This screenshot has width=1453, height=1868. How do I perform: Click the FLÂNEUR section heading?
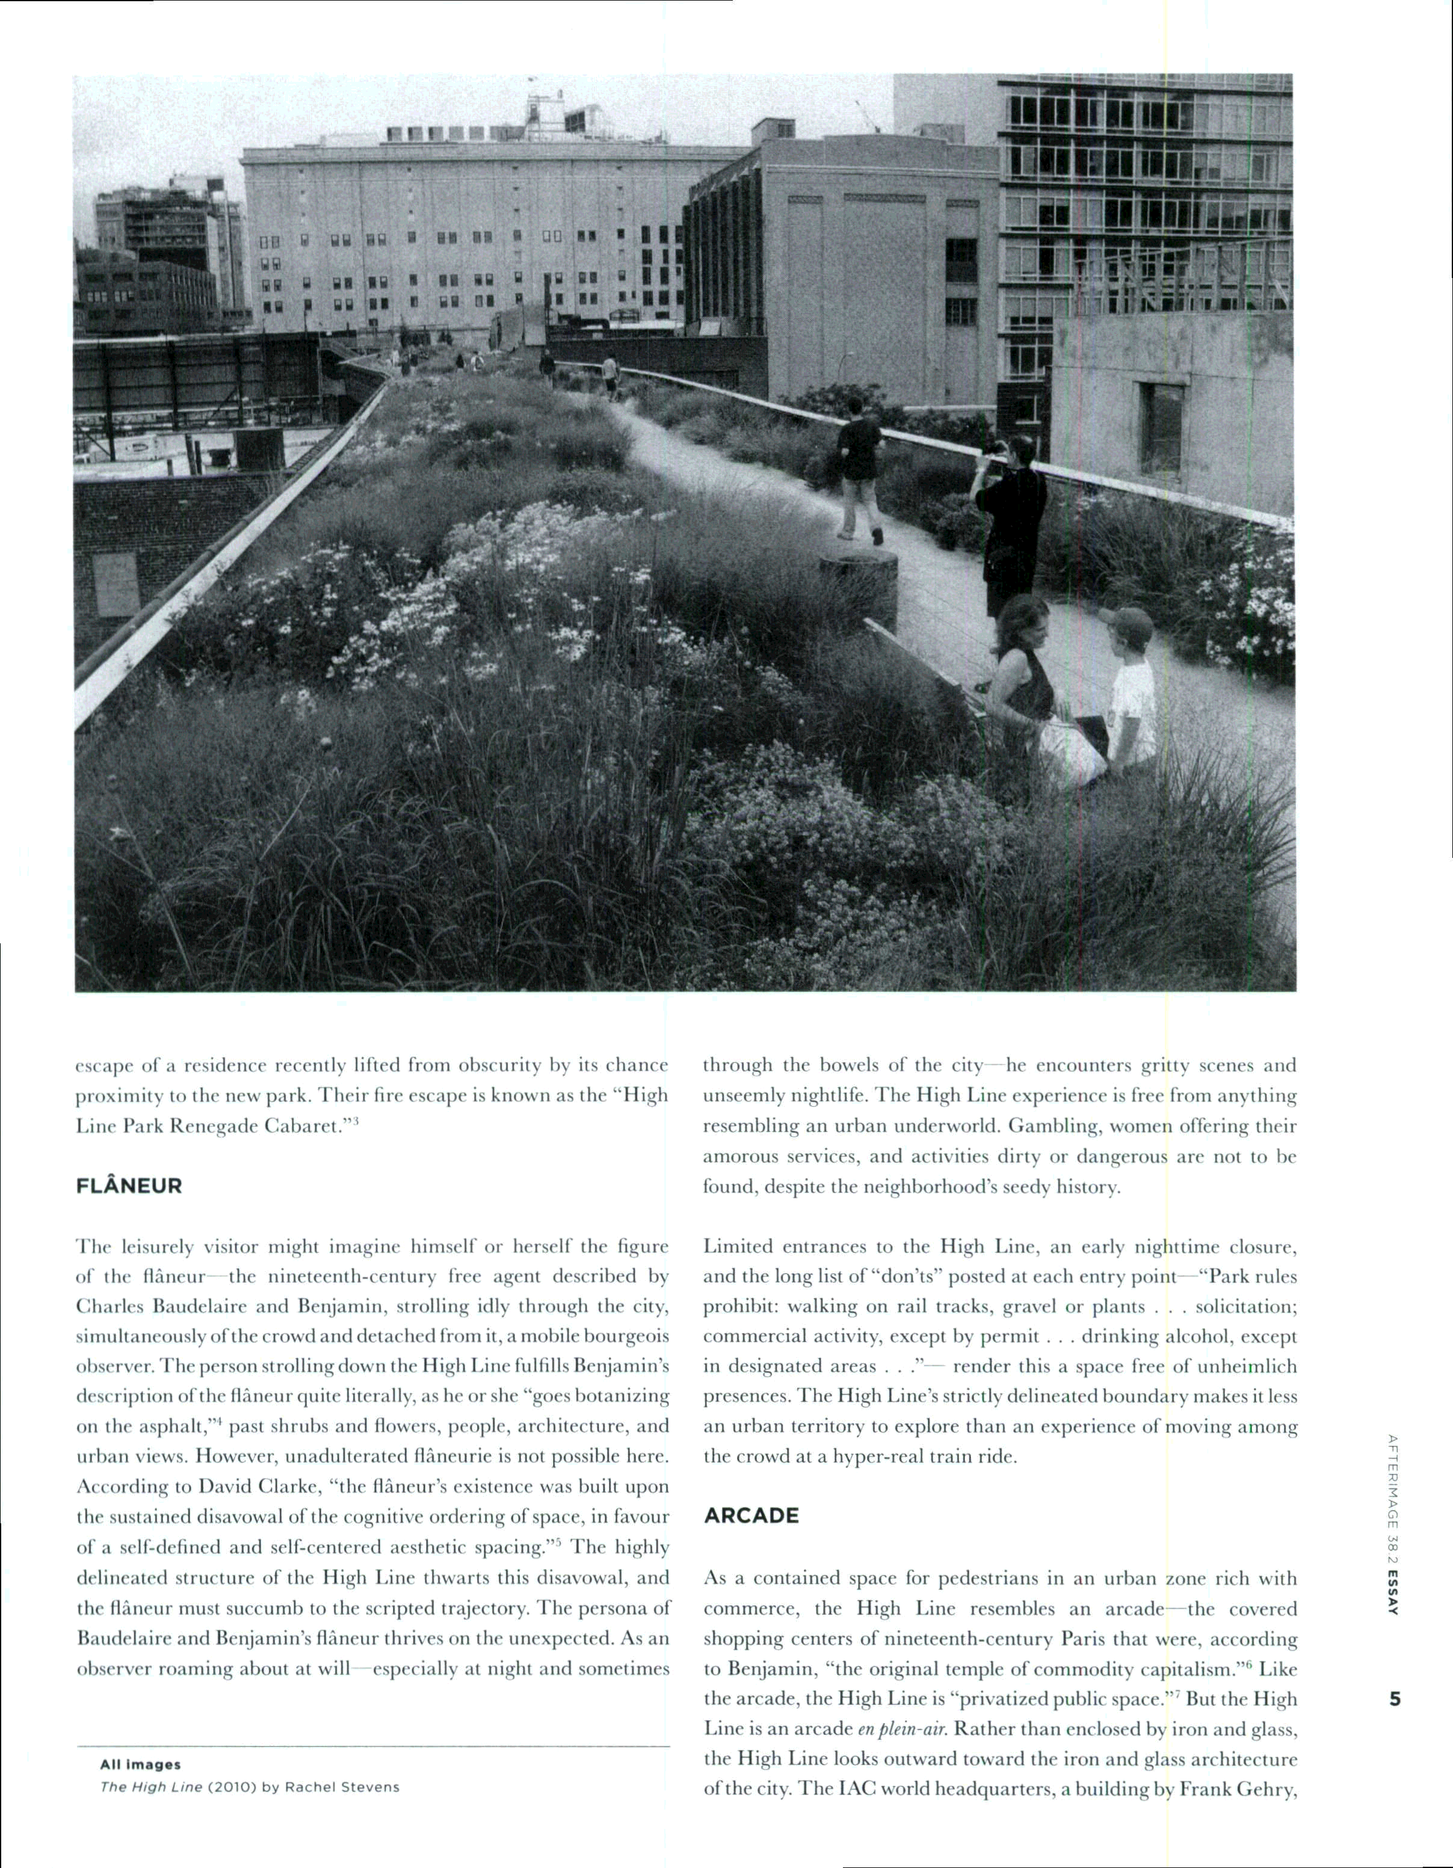tap(129, 1186)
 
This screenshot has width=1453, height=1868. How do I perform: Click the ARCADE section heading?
tap(751, 1515)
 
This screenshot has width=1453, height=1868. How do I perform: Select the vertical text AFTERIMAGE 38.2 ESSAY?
tap(1393, 1523)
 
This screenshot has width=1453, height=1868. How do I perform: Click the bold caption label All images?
tap(140, 1765)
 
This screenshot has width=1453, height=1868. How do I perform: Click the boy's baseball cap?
tap(1126, 624)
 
